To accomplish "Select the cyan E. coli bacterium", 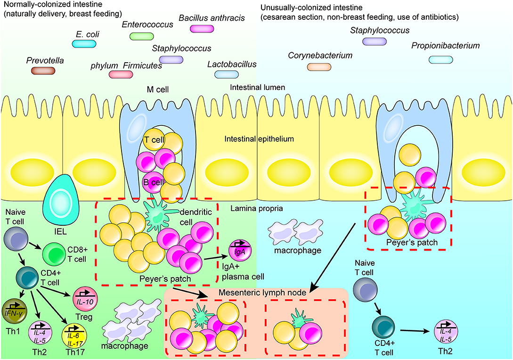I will tap(84, 44).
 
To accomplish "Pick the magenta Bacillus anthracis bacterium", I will tap(201, 29).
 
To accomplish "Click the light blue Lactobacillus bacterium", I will tap(226, 74).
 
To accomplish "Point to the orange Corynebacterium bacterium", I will tap(319, 67).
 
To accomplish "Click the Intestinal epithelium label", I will tap(259, 139).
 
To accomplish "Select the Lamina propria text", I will tap(255, 209).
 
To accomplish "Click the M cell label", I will tap(157, 90).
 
